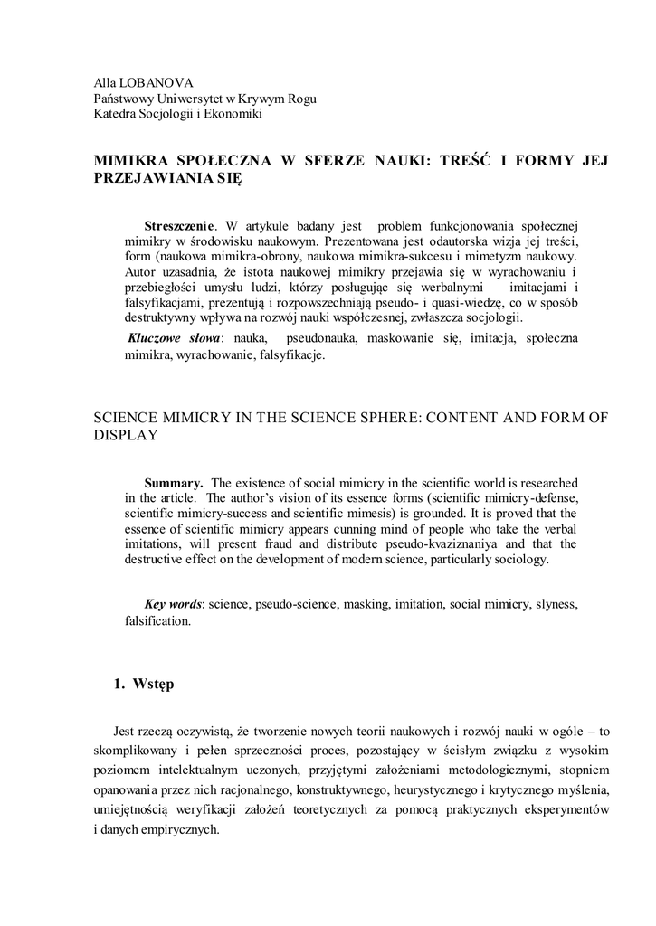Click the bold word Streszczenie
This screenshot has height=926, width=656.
click(x=180, y=224)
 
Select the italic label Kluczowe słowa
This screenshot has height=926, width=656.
click(x=179, y=338)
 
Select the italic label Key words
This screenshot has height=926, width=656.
click(x=174, y=603)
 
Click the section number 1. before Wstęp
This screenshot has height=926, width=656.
click(x=119, y=684)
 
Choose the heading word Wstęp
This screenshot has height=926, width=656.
click(x=153, y=684)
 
